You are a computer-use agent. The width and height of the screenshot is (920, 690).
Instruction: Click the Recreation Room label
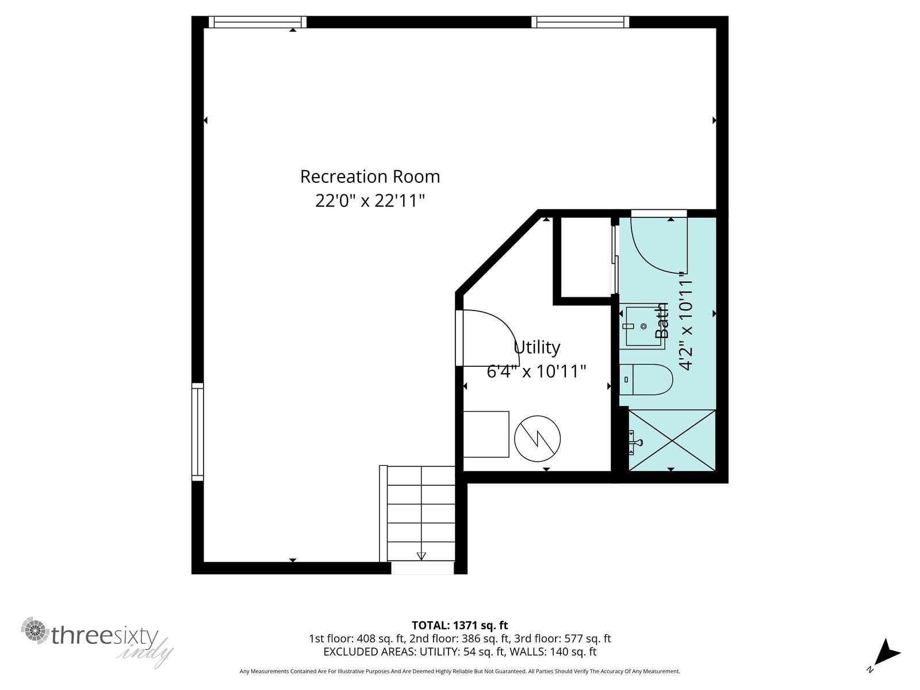pyautogui.click(x=370, y=177)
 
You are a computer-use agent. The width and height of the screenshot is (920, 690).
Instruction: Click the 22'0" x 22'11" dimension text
pyautogui.click(x=370, y=201)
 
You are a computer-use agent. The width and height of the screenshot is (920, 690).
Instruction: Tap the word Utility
pyautogui.click(x=536, y=347)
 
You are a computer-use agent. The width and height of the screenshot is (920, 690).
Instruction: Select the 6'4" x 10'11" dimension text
pyautogui.click(x=536, y=371)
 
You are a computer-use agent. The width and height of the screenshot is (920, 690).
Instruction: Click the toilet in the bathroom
pyautogui.click(x=647, y=379)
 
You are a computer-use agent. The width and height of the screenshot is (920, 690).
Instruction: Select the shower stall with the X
pyautogui.click(x=672, y=440)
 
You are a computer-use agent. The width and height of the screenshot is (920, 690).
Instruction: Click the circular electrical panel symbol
pyautogui.click(x=538, y=439)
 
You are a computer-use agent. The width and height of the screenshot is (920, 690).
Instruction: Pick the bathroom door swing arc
pyautogui.click(x=658, y=244)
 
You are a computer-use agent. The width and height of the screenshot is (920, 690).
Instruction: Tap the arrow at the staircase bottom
pyautogui.click(x=421, y=555)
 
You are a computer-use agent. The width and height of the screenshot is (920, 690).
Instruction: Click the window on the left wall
pyautogui.click(x=197, y=432)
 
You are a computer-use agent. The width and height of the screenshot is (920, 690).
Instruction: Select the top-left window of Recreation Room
pyautogui.click(x=258, y=22)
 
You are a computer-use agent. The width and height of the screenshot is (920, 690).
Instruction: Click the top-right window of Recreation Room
pyautogui.click(x=580, y=22)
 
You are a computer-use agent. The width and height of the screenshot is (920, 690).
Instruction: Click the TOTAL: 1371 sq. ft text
pyautogui.click(x=459, y=625)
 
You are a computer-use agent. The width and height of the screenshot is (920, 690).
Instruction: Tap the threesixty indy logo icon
pyautogui.click(x=36, y=631)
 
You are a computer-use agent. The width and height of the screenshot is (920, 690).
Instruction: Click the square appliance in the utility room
pyautogui.click(x=486, y=434)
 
